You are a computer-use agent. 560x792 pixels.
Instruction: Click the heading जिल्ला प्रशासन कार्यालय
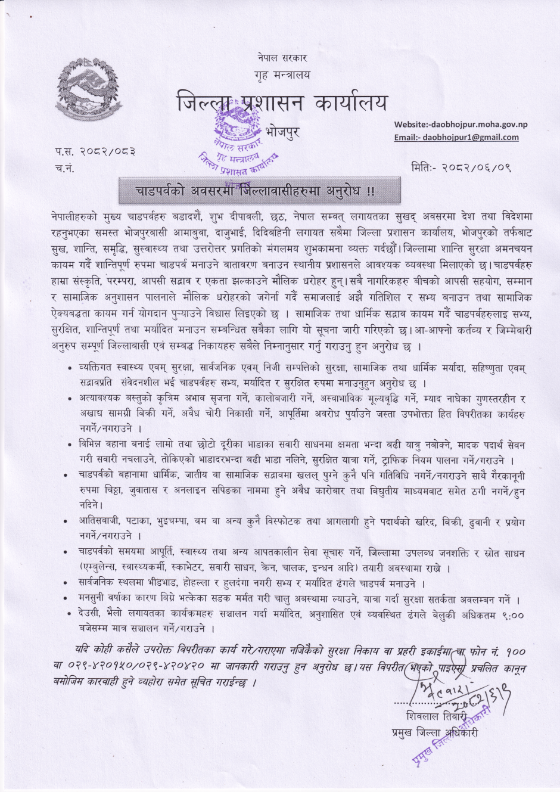tap(282, 103)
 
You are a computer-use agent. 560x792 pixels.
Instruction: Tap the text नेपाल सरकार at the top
tap(282, 58)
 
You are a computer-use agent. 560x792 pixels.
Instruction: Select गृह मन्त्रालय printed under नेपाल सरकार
tap(282, 75)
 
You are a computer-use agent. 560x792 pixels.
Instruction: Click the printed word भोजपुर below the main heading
tap(282, 131)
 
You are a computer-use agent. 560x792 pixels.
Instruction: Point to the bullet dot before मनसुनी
tap(71, 599)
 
